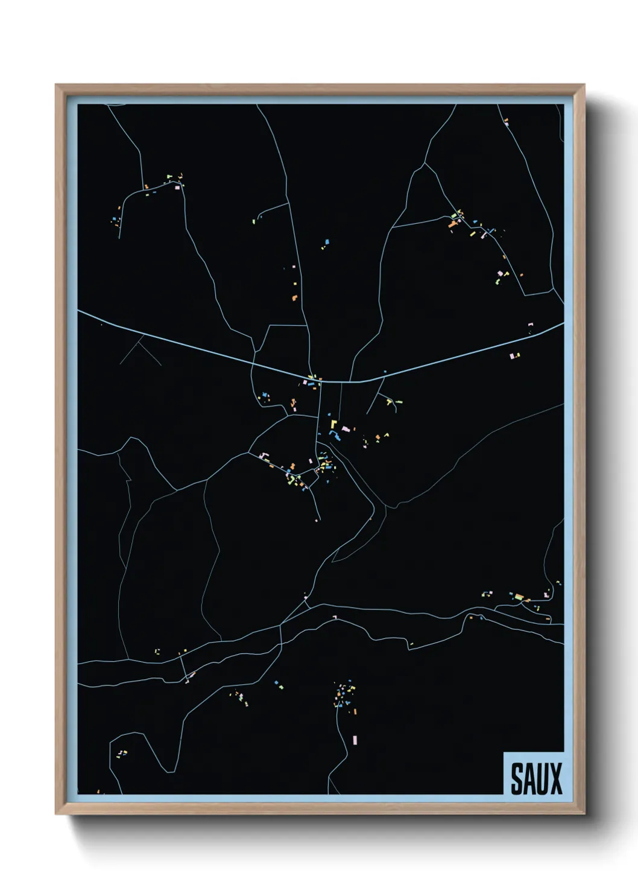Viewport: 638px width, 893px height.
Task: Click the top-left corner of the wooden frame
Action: pos(56,85)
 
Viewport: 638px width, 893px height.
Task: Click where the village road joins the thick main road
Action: pos(320,381)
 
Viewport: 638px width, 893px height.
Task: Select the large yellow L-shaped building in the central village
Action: pos(333,424)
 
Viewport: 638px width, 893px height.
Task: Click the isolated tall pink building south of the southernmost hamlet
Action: pos(355,739)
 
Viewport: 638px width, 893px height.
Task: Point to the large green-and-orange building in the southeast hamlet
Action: pos(519,597)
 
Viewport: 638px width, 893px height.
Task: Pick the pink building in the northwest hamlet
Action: pos(177,187)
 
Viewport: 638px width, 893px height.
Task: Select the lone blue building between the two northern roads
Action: pos(327,241)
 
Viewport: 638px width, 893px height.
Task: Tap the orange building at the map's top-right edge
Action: pos(506,123)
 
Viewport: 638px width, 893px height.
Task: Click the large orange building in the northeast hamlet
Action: pos(452,224)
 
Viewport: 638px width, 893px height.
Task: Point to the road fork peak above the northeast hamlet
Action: pos(426,164)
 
